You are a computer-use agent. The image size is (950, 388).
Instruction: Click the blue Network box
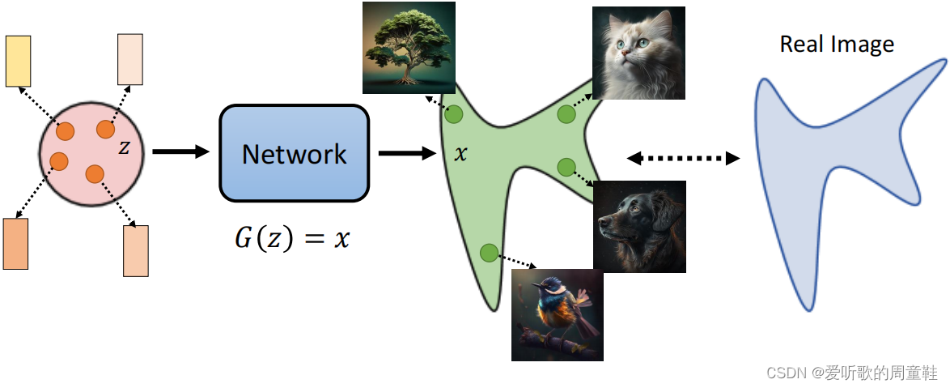(294, 153)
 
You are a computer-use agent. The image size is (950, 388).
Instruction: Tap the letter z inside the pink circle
(124, 147)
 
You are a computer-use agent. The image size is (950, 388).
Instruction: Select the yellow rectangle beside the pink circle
(18, 61)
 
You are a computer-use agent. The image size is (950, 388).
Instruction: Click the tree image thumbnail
(409, 47)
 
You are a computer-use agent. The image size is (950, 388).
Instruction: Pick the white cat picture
(638, 53)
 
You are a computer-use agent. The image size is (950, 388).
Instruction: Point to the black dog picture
(639, 226)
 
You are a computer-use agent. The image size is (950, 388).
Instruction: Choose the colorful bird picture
(558, 314)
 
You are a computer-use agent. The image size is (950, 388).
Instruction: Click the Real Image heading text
(837, 44)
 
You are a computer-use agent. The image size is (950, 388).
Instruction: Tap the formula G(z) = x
(292, 238)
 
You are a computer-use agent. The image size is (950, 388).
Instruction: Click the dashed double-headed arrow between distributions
(684, 158)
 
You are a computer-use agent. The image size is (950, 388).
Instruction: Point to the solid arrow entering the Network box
(180, 151)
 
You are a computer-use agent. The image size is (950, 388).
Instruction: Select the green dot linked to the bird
(488, 254)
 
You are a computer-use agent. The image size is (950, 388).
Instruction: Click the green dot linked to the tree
(453, 114)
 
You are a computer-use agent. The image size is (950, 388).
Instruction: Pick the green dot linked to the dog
(566, 167)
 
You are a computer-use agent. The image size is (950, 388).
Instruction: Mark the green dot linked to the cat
(566, 114)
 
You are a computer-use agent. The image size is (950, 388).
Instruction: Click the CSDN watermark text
(851, 372)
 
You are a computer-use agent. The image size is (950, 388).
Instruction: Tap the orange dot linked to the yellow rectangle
(65, 130)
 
